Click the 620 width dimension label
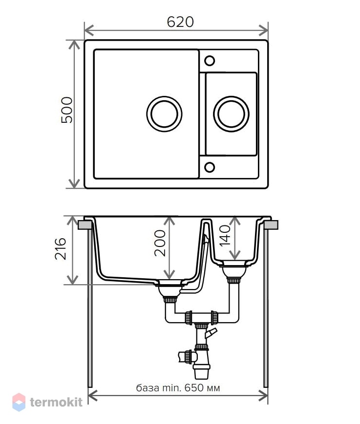pyautogui.click(x=180, y=22)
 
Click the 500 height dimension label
pyautogui.click(x=67, y=110)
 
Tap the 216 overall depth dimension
pyautogui.click(x=61, y=249)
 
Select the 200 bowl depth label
pyautogui.click(x=160, y=243)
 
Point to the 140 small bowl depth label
pyautogui.click(x=225, y=236)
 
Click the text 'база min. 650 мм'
pyautogui.click(x=178, y=388)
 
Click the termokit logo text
pyautogui.click(x=56, y=402)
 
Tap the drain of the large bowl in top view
pyautogui.click(x=164, y=114)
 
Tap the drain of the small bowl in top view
pyautogui.click(x=231, y=114)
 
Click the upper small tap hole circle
pyautogui.click(x=210, y=61)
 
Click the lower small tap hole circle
pyautogui.click(x=210, y=167)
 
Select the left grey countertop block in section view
pyautogui.click(x=85, y=225)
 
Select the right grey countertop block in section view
pyautogui.click(x=271, y=225)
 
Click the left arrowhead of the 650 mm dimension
pyautogui.click(x=92, y=396)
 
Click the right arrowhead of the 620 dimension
pyautogui.click(x=263, y=30)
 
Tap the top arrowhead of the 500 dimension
pyautogui.click(x=74, y=45)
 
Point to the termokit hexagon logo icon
pyautogui.click(x=19, y=402)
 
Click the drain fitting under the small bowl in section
pyautogui.click(x=234, y=272)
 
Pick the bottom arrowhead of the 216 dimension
pyautogui.click(x=72, y=280)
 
